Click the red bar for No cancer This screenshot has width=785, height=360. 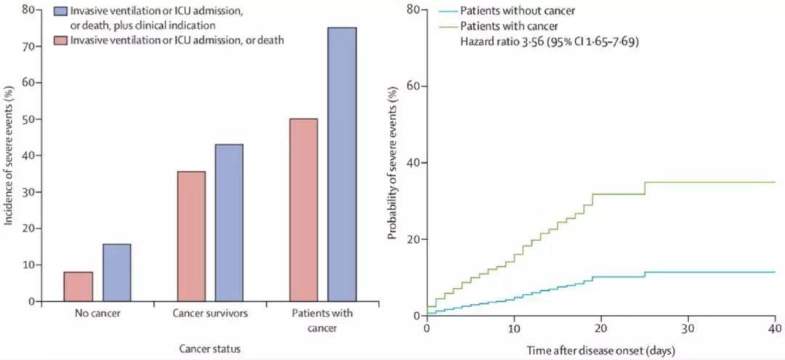point(78,287)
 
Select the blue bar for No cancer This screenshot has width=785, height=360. point(116,273)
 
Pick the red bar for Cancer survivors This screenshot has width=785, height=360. point(191,236)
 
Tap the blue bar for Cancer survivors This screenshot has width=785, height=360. point(230,223)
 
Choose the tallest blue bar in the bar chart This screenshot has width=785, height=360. point(342,164)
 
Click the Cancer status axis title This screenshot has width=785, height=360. point(209,349)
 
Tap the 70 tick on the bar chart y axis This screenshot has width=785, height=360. point(27,46)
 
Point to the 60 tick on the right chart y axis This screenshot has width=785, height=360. point(411,86)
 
